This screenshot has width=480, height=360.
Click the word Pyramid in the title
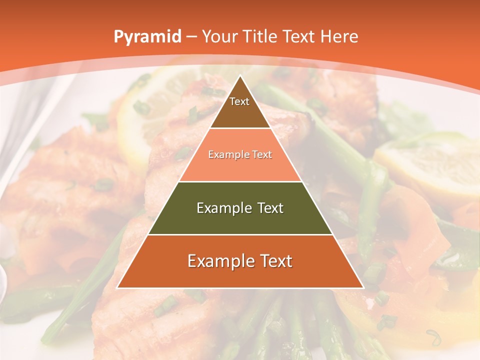click(x=147, y=37)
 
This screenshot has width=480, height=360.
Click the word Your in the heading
click(x=220, y=36)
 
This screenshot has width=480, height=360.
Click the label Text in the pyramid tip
click(x=239, y=101)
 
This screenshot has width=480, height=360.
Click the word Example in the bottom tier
click(x=218, y=261)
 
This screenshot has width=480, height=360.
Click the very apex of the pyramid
click(x=240, y=76)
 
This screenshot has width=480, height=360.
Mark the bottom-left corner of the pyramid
click(x=117, y=287)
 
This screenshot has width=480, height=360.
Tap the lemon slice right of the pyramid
click(x=430, y=165)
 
